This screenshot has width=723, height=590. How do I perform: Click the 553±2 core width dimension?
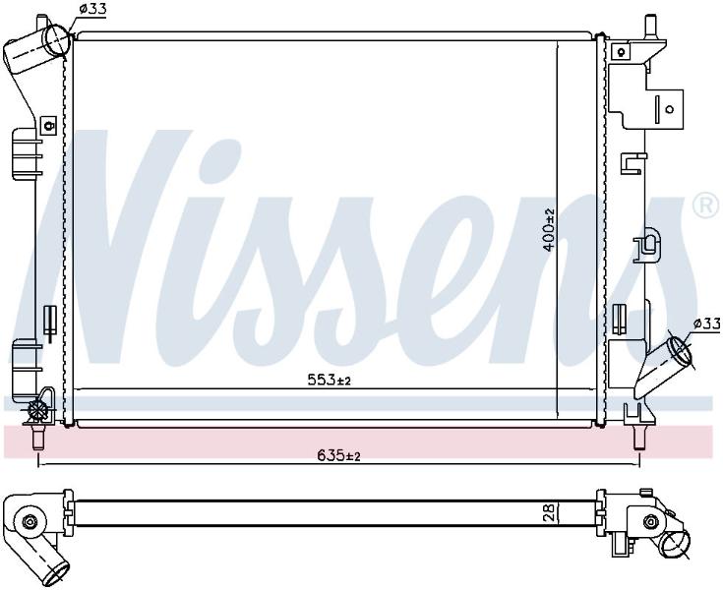pos(330,380)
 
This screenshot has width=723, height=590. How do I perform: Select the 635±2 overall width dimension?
pos(338,455)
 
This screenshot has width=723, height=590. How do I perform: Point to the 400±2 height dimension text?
pos(549,229)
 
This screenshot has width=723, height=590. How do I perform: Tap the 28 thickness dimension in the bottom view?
pos(548,512)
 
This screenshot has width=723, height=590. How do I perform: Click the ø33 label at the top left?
pos(92,8)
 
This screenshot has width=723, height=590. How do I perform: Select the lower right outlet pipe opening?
pos(680,350)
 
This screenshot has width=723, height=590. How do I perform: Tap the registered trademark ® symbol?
pos(705,205)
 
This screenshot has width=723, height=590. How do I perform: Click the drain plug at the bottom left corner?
pos(37,409)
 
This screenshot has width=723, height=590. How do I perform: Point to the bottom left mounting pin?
pos(38,437)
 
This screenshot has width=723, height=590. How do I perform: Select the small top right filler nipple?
pos(650,27)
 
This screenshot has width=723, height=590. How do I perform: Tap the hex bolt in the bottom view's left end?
pos(30,521)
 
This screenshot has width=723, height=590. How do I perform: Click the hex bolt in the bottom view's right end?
pos(650,521)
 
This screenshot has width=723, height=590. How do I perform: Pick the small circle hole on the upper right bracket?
pos(670,109)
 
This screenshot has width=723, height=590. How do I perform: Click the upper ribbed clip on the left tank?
pos(25,154)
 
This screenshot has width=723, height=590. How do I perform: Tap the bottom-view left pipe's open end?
pos(56,574)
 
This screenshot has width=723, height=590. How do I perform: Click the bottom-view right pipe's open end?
pos(676,545)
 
